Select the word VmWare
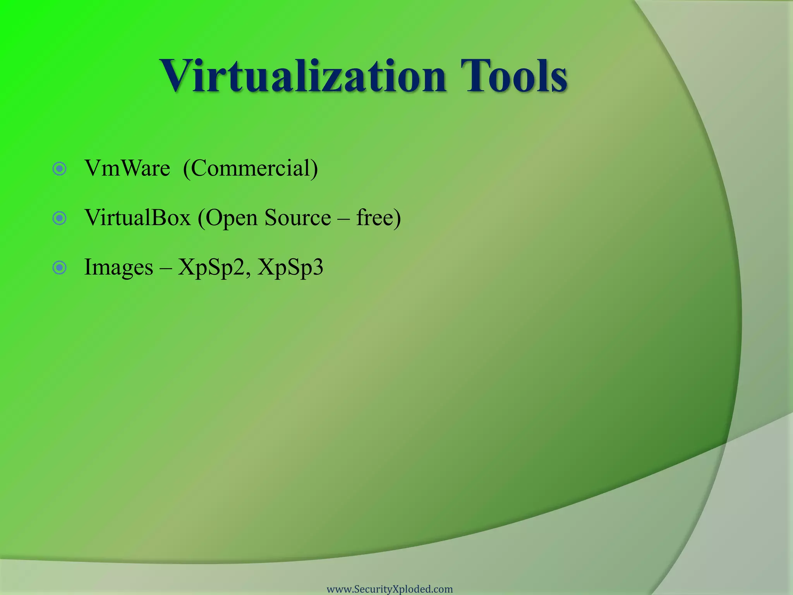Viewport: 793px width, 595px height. point(127,169)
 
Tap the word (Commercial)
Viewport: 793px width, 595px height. point(250,169)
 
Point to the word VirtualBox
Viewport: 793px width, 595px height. point(138,218)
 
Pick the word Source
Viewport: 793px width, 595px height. point(298,218)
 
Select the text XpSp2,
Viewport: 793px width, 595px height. point(215,268)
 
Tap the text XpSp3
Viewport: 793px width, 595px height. point(290,268)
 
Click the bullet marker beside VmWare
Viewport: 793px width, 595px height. point(60,169)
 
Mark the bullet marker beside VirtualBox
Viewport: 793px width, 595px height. point(60,218)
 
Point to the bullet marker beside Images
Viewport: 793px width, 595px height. point(60,268)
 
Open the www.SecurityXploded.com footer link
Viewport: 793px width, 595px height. point(390,589)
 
